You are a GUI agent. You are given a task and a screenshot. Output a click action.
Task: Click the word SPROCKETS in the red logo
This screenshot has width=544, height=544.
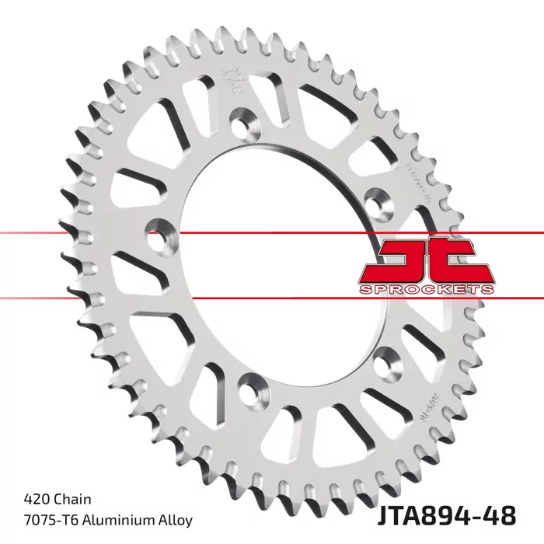427,289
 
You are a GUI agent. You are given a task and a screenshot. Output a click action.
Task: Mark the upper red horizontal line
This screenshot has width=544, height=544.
78,232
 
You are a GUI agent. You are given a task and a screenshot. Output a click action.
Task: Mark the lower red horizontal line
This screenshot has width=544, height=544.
78,297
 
